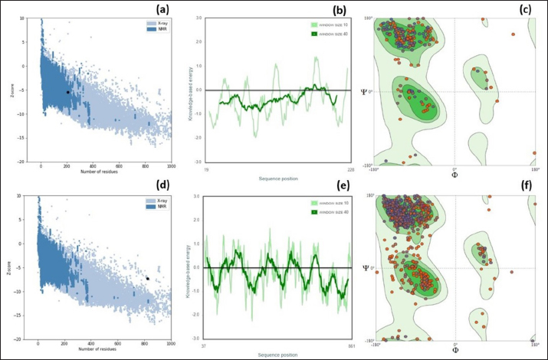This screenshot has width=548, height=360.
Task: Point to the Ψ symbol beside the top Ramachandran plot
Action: (x=364, y=91)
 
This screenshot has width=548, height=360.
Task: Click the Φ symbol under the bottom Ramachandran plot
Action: (x=455, y=350)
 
